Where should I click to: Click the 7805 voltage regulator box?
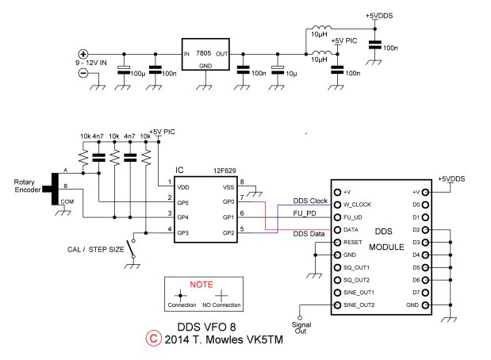(x=205, y=53)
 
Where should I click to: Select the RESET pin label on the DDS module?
(x=353, y=242)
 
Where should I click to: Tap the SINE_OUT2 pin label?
(x=360, y=305)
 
